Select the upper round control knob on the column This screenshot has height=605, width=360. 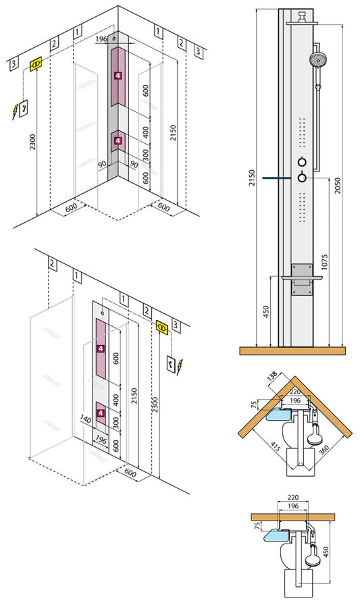point(301,161)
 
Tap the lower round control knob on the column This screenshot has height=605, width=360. point(301,178)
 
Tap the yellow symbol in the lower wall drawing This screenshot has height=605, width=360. point(162,327)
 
